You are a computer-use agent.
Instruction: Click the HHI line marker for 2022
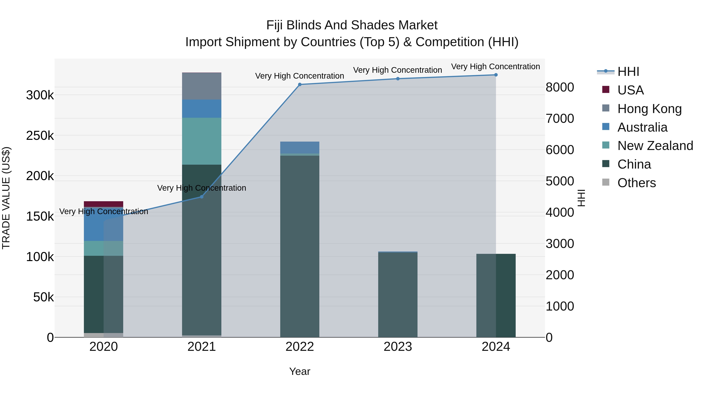[300, 84]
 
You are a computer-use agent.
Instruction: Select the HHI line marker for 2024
[496, 75]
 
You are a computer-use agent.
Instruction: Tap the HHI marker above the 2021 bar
[202, 197]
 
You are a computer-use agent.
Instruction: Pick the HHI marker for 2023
[398, 79]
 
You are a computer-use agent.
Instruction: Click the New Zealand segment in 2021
[202, 141]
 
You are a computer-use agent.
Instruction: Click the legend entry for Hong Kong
[649, 109]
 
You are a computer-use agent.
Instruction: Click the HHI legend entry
[628, 72]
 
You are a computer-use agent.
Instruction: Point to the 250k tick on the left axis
[40, 136]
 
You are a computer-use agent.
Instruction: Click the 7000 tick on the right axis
[560, 119]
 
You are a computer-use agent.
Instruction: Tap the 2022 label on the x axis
[300, 347]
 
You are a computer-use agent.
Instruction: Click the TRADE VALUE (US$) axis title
[6, 198]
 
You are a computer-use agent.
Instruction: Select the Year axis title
[300, 371]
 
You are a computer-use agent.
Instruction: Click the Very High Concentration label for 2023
[397, 70]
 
